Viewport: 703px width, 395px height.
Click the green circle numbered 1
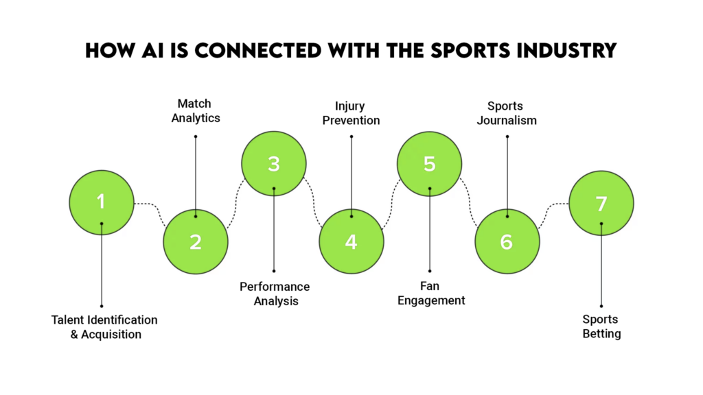[102, 202]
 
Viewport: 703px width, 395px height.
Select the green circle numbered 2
[196, 241]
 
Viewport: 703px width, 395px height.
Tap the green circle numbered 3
[273, 164]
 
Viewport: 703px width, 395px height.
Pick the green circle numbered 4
[351, 241]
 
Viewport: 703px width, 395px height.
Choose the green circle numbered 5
[430, 164]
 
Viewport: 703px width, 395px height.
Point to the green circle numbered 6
[507, 241]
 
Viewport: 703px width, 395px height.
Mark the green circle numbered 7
[601, 203]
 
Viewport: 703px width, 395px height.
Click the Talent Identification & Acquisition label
[105, 327]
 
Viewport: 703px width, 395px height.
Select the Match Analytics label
[195, 110]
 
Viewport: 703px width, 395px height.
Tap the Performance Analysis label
[274, 294]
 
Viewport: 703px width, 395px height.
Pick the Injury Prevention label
[351, 113]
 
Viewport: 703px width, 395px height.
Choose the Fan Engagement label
[431, 294]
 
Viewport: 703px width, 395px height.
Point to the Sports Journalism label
[507, 113]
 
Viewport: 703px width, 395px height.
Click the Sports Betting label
[601, 326]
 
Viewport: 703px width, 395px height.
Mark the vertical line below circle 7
[601, 267]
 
